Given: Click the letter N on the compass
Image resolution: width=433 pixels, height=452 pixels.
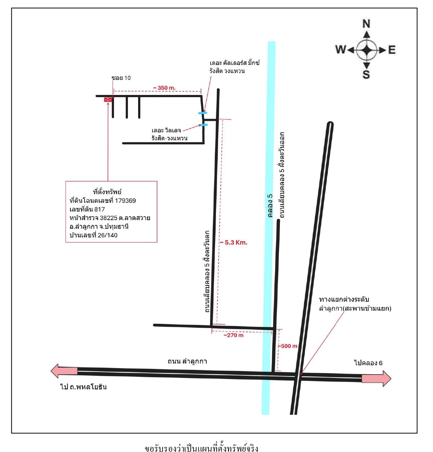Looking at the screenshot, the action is click(x=366, y=24).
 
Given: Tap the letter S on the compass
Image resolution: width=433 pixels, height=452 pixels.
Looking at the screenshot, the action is click(x=366, y=74).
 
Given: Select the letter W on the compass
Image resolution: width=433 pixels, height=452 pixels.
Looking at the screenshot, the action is click(x=341, y=50).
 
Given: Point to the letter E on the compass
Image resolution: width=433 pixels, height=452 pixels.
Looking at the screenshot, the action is click(x=392, y=50).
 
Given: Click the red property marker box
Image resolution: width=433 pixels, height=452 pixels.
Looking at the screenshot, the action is click(x=108, y=99).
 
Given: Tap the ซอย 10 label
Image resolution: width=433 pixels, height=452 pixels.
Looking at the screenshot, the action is click(x=121, y=78).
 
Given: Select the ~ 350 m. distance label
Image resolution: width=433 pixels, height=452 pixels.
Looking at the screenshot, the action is click(x=164, y=88).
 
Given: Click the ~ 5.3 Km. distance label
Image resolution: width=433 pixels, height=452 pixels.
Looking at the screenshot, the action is click(x=233, y=242).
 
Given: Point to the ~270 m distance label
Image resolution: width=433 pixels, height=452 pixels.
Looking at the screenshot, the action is click(x=233, y=335).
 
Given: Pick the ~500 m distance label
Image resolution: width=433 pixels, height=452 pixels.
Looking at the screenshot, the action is click(x=287, y=346).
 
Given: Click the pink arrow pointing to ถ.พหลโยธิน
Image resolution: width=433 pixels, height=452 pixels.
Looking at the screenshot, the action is click(x=64, y=371).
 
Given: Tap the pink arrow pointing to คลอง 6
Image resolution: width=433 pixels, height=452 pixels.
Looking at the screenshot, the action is click(x=376, y=378).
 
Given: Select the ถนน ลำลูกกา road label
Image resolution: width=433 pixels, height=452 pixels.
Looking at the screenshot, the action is click(x=187, y=361).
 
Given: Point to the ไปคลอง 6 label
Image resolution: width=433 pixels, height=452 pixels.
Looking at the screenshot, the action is click(x=368, y=363).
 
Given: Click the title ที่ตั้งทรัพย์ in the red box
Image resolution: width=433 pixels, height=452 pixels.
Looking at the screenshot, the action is click(x=107, y=192).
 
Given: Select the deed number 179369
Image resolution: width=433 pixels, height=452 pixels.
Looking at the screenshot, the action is click(x=125, y=200).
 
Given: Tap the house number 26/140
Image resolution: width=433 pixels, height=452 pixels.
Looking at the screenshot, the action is click(x=107, y=235).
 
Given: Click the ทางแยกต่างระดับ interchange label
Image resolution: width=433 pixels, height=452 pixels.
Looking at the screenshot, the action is click(x=344, y=299).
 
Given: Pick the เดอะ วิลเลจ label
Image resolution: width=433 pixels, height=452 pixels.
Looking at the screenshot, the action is click(x=166, y=130).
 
